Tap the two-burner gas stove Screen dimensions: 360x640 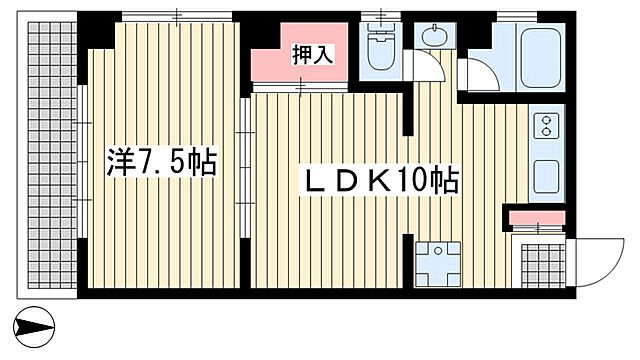tap(549, 126)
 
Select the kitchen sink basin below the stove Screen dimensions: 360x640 tap(549, 177)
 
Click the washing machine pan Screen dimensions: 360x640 tap(435, 263)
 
